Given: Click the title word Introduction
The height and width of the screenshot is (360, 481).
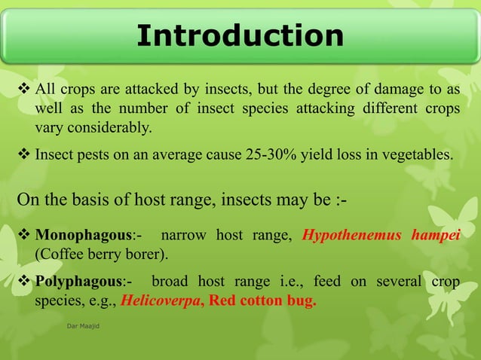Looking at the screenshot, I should click(x=240, y=35).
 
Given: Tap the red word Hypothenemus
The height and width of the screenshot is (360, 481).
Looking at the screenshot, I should click(x=351, y=235).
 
